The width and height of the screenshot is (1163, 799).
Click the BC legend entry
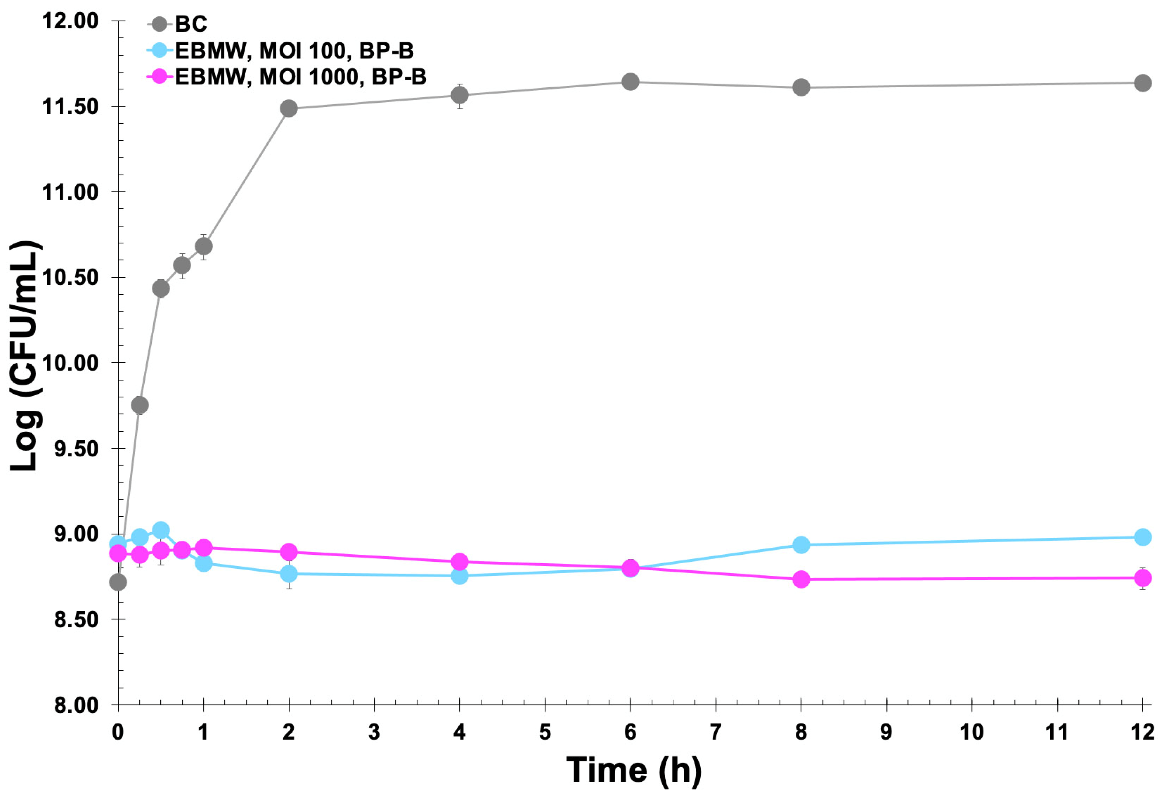pyautogui.click(x=190, y=24)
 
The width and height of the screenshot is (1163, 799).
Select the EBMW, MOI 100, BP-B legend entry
pyautogui.click(x=294, y=50)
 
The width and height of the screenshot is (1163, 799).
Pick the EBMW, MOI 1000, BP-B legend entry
pyautogui.click(x=300, y=77)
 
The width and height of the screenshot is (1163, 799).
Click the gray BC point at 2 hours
pyautogui.click(x=289, y=108)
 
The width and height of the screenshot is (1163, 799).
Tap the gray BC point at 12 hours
pyautogui.click(x=1142, y=83)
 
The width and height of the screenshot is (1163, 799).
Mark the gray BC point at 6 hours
pyautogui.click(x=630, y=82)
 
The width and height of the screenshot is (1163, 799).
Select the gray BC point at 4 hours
pyautogui.click(x=460, y=95)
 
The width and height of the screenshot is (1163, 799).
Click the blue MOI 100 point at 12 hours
pyautogui.click(x=1142, y=537)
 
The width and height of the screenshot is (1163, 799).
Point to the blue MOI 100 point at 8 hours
pyautogui.click(x=801, y=545)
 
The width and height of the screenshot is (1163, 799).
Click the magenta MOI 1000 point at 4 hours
pyautogui.click(x=460, y=562)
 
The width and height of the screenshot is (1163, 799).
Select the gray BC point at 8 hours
pyautogui.click(x=801, y=88)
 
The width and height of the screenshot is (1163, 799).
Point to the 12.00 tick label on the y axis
pyautogui.click(x=70, y=21)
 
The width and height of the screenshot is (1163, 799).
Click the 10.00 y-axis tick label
pyautogui.click(x=70, y=363)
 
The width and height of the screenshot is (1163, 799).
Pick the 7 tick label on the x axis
pyautogui.click(x=715, y=732)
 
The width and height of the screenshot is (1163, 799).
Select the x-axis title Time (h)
pyautogui.click(x=633, y=770)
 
